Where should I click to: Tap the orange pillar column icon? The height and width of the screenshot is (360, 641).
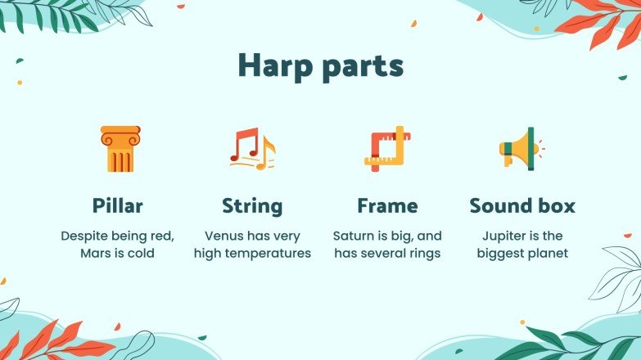coord(120,149)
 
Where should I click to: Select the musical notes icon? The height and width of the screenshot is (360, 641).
coord(252,149)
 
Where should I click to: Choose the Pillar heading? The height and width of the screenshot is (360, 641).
coord(117,205)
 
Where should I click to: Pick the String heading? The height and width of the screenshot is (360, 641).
coord(252,205)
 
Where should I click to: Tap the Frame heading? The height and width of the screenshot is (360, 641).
coord(387,205)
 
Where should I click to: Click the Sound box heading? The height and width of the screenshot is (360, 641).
coord(522,205)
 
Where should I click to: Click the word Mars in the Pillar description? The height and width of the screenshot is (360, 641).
coord(97,254)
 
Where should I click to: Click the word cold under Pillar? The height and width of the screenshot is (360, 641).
coord(140,254)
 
